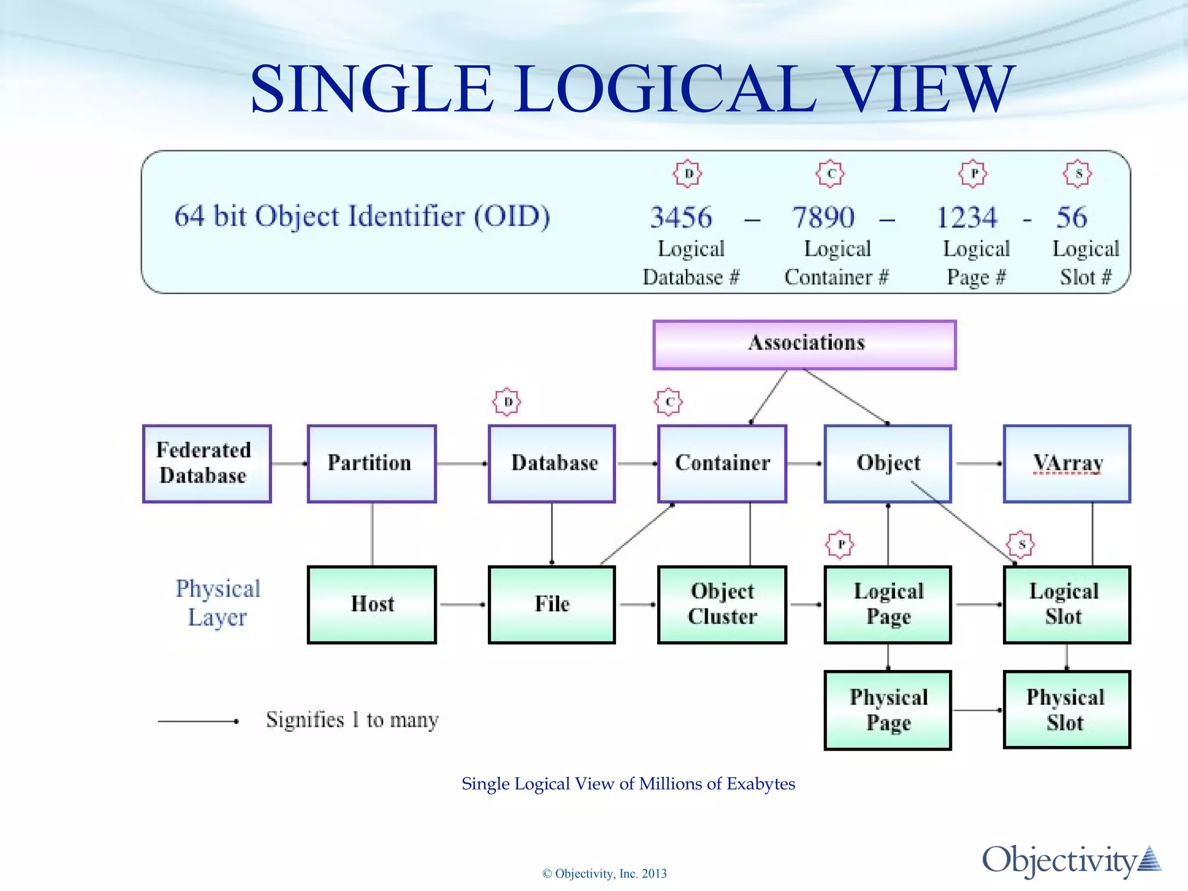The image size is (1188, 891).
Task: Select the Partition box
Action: [371, 463]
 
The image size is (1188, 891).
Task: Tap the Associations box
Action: [804, 345]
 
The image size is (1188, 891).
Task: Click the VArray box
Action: [1066, 463]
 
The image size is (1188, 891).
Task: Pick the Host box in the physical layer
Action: [371, 604]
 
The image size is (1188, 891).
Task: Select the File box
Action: [551, 604]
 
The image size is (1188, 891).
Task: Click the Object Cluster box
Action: [722, 604]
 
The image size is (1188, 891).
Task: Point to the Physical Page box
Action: [888, 710]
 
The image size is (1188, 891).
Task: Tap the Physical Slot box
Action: [1066, 710]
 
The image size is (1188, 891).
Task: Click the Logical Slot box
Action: [1066, 604]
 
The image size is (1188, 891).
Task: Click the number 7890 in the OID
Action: [823, 218]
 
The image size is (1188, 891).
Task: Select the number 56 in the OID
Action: [1071, 218]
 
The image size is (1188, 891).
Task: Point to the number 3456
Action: [680, 218]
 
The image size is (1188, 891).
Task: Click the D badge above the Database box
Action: [507, 402]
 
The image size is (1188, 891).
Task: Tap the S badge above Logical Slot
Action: [1020, 545]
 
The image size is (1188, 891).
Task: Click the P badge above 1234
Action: [973, 173]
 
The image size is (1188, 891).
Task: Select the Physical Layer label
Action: [218, 603]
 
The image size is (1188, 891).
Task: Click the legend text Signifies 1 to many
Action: [352, 720]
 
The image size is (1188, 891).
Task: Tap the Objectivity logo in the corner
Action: [1071, 860]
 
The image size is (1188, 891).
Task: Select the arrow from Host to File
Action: [462, 604]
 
